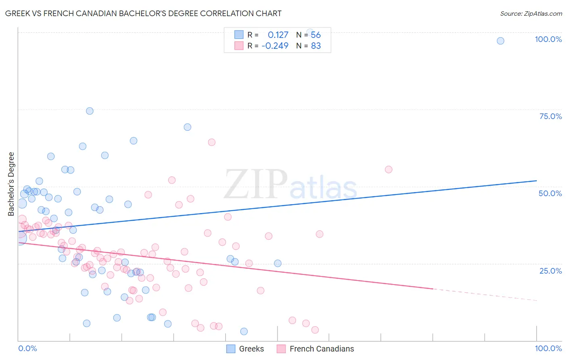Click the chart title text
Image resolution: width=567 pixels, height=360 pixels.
(x=143, y=13)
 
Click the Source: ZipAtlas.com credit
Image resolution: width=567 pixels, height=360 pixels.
(x=531, y=13)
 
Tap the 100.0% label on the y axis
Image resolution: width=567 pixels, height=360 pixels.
(x=548, y=39)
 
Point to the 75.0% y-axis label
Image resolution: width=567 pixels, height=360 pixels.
(x=550, y=116)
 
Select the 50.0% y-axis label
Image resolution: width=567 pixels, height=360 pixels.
(x=550, y=193)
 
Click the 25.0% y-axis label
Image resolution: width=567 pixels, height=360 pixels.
(x=550, y=270)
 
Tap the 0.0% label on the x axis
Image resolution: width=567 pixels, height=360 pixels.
(x=27, y=348)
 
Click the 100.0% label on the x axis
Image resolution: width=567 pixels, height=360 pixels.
(x=548, y=348)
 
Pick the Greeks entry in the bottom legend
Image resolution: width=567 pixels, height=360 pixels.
(x=251, y=349)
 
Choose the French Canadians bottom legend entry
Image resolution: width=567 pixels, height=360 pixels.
(x=321, y=349)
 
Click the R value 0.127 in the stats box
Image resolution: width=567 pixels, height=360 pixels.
(x=278, y=35)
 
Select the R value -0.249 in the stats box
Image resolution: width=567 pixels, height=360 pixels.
(x=275, y=46)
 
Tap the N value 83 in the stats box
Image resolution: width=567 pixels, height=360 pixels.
(x=316, y=46)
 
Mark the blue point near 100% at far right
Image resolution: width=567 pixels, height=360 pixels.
(x=500, y=41)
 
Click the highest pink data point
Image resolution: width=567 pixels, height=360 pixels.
(x=212, y=142)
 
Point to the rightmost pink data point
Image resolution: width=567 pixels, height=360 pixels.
(x=388, y=170)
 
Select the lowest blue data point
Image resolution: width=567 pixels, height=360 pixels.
(x=244, y=331)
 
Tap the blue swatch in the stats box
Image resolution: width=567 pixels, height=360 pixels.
(x=239, y=35)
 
